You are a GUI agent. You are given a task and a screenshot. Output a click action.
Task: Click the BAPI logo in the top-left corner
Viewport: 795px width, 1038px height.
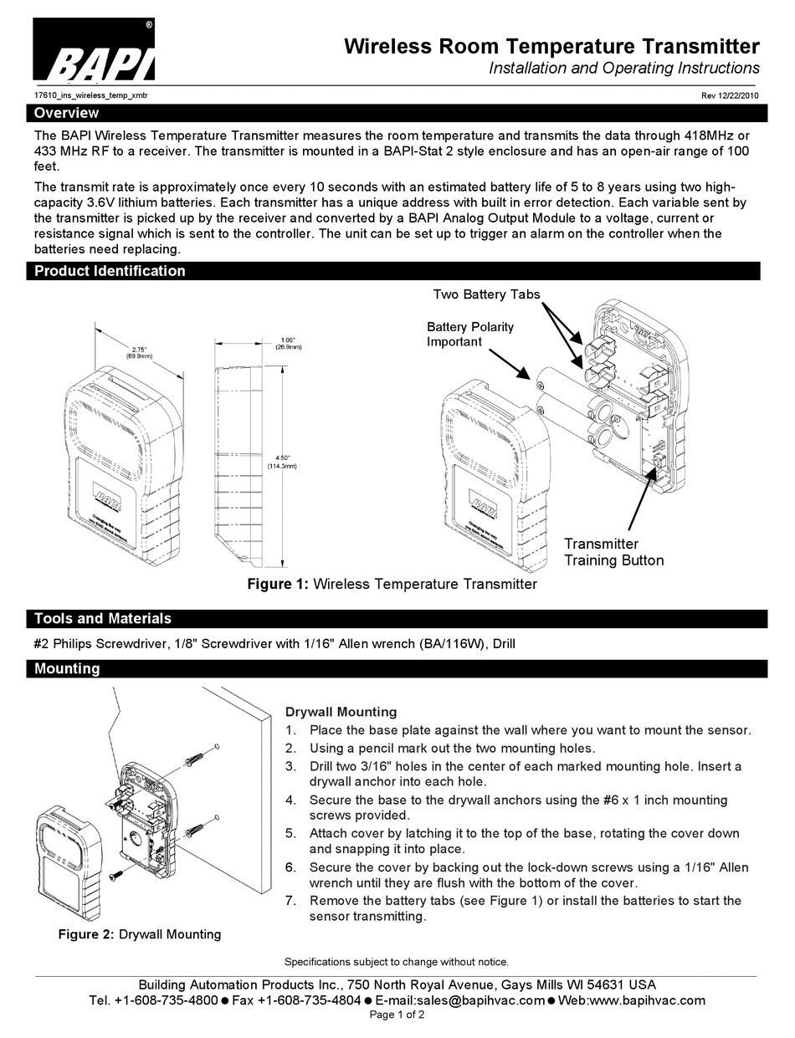click(x=93, y=52)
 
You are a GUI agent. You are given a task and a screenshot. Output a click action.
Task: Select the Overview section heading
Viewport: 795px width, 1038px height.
click(x=66, y=113)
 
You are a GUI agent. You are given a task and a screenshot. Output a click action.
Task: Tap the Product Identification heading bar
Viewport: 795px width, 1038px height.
click(x=110, y=271)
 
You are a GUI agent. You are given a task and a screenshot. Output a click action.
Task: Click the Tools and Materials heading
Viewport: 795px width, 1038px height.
click(x=102, y=619)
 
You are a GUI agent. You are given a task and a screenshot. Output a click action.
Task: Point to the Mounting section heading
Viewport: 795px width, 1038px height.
click(x=67, y=668)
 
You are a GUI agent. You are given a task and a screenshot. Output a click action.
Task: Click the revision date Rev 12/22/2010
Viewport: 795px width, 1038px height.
click(x=729, y=95)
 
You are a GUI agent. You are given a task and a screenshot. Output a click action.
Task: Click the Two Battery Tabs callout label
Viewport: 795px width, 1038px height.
click(x=486, y=294)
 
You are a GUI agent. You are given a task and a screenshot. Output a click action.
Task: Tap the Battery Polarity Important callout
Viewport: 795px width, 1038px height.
click(x=470, y=334)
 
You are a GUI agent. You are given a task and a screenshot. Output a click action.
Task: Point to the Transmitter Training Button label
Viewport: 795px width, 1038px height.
click(x=613, y=552)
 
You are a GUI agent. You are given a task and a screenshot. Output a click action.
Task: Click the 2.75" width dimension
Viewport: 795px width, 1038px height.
click(x=140, y=352)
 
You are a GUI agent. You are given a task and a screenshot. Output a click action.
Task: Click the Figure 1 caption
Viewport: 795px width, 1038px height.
click(x=392, y=584)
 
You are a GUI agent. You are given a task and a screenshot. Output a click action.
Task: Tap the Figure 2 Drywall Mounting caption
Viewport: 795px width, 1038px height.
click(x=139, y=934)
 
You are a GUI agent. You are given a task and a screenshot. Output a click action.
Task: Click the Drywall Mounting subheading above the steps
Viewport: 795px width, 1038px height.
click(x=341, y=712)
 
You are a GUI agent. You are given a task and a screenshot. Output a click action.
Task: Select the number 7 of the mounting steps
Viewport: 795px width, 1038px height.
click(x=290, y=901)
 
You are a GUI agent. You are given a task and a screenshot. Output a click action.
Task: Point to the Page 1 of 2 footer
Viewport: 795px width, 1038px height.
click(x=397, y=1015)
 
